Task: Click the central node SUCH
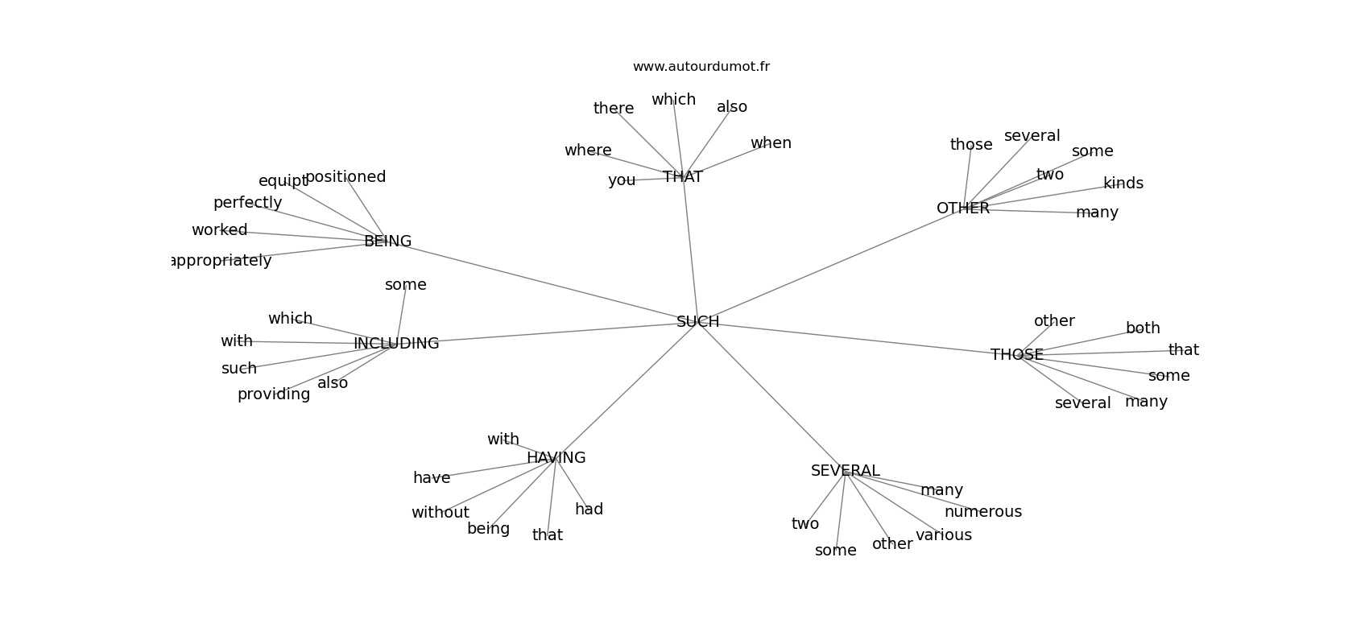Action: click(697, 322)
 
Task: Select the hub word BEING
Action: click(387, 242)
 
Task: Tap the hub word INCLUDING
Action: click(396, 344)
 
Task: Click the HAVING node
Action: click(556, 458)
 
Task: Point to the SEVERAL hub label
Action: click(845, 471)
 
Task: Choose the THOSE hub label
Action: click(1016, 355)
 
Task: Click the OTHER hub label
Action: click(962, 208)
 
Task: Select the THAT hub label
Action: click(683, 177)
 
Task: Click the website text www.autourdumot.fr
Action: click(701, 67)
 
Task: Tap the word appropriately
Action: click(222, 261)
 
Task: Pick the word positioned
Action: click(345, 177)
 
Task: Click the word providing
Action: click(274, 394)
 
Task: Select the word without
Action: click(440, 513)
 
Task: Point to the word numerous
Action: click(982, 512)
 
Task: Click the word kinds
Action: click(1123, 184)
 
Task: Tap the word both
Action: click(1142, 328)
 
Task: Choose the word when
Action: click(771, 143)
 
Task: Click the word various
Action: click(943, 535)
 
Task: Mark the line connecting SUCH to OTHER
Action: click(829, 265)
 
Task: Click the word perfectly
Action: click(247, 203)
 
